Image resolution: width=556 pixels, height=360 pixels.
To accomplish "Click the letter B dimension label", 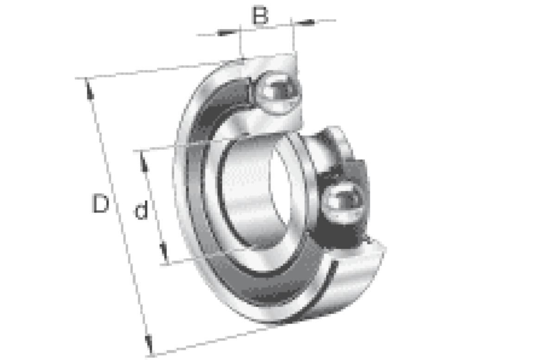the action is pyautogui.click(x=260, y=15).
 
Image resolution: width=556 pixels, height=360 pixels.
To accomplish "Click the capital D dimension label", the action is pyautogui.click(x=100, y=203).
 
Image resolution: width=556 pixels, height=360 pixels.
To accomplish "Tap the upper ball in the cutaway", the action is pyautogui.click(x=278, y=93).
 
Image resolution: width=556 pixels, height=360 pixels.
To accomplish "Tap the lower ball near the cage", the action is pyautogui.click(x=343, y=203).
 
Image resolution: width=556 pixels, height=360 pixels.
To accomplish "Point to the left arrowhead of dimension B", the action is pyautogui.click(x=225, y=33).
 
